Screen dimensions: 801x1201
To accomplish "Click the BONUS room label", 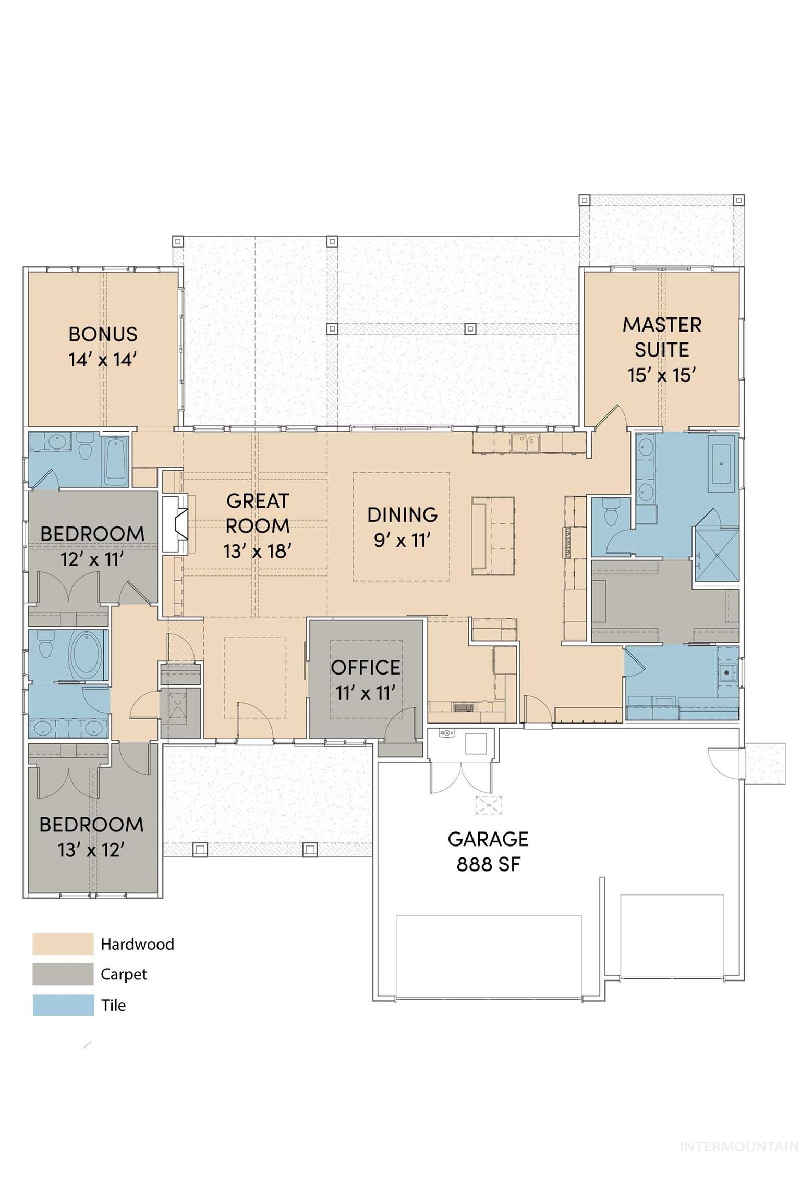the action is coord(103,334).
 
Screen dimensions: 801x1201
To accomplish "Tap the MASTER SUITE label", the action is coord(662,337).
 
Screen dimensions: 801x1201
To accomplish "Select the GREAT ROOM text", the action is coord(257,513).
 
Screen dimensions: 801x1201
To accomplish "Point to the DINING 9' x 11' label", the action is coord(402,527).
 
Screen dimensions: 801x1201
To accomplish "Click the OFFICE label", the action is coord(366,667).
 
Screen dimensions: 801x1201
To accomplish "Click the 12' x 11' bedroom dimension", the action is coord(92,559).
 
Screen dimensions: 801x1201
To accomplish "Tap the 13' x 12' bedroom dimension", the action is coord(91,850).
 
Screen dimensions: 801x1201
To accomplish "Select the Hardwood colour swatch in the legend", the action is coord(63,944).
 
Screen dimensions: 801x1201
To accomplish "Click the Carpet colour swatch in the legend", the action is coord(63,974).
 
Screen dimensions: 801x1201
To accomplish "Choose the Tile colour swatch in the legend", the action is coord(63,1005).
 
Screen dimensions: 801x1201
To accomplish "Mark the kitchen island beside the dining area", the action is coord(493,536).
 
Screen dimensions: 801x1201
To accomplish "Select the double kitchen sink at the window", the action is coord(526,443).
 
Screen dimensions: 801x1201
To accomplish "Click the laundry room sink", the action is coord(726,673).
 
